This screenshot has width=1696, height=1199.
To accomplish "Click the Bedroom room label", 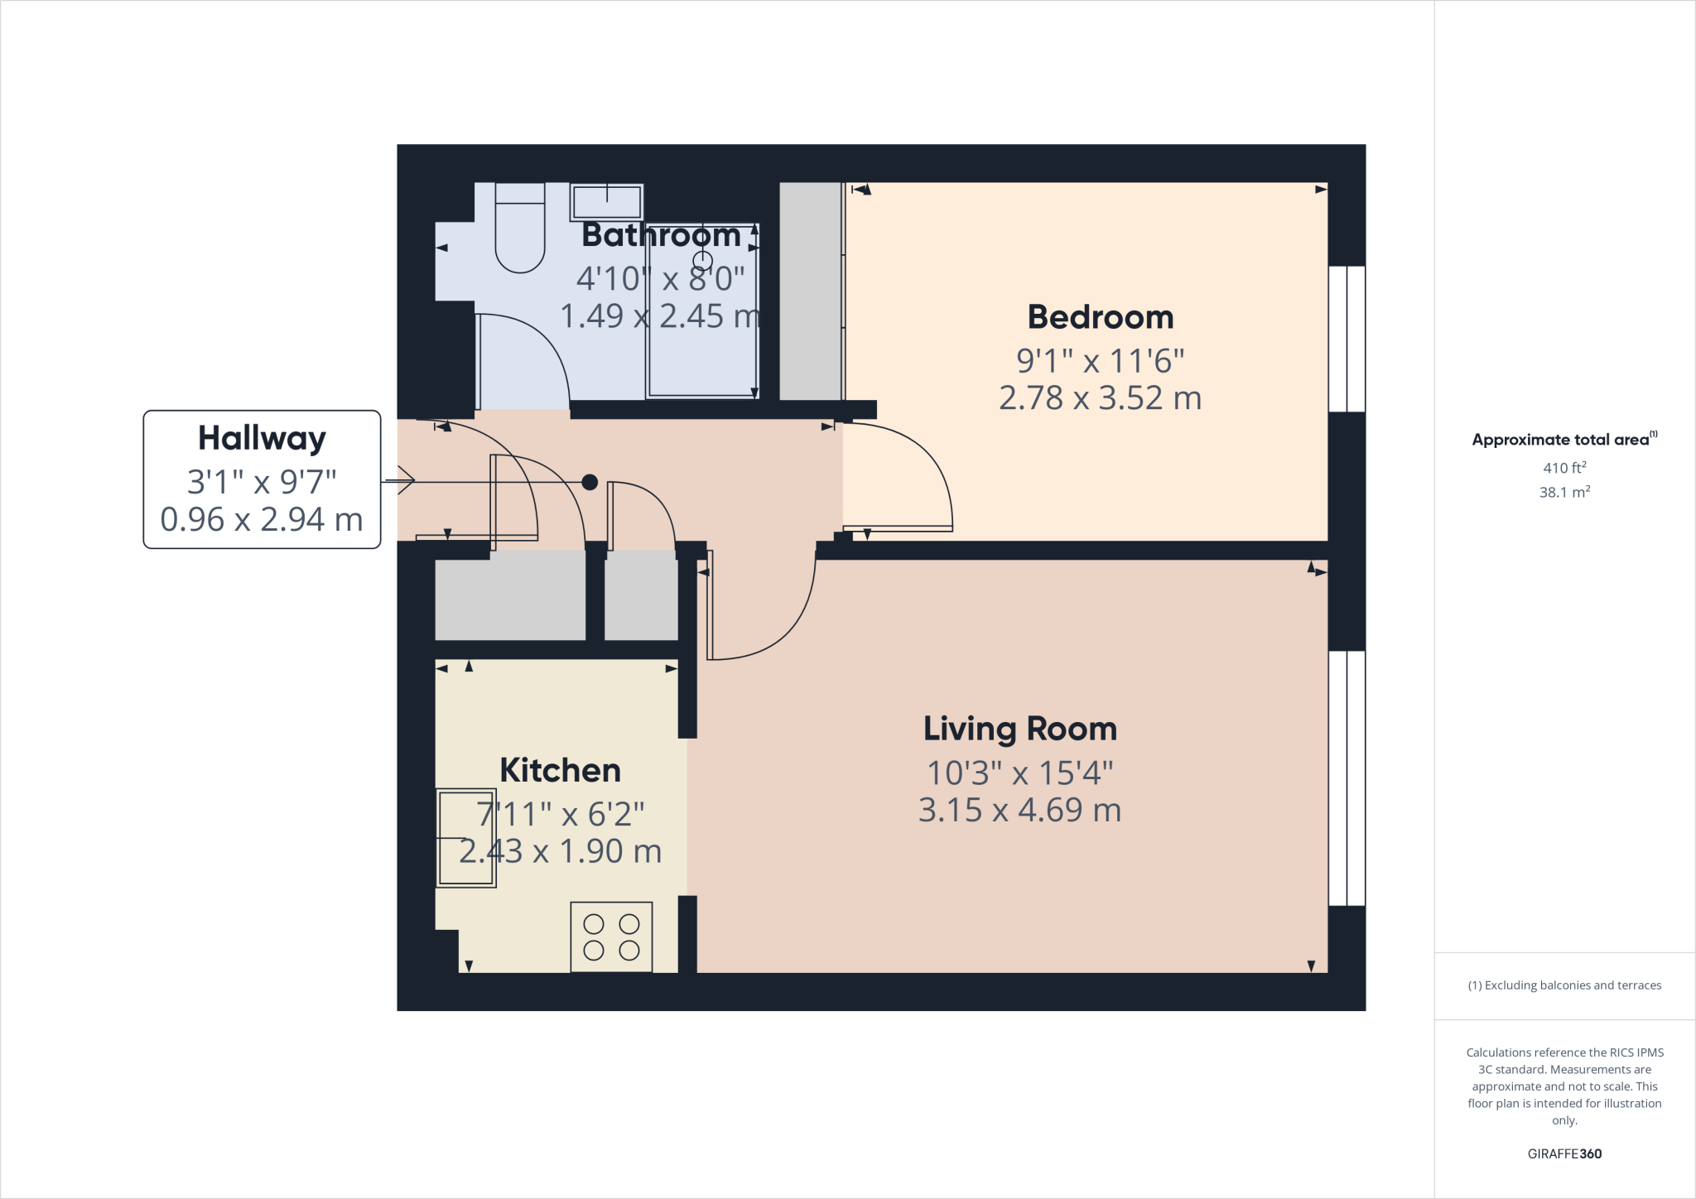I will (x=1100, y=318).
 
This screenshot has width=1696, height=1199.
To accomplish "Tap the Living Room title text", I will (x=1019, y=730).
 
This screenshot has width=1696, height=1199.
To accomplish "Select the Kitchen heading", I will (x=560, y=771).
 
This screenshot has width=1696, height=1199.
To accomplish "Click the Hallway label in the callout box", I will (x=262, y=438).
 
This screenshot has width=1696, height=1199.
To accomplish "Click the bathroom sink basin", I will (x=606, y=202).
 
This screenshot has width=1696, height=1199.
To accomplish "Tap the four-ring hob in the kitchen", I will (x=611, y=937).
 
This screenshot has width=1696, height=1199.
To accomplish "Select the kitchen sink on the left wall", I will (x=466, y=838).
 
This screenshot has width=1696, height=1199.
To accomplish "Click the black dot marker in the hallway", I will (x=590, y=482).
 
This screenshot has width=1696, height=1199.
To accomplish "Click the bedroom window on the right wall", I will (x=1347, y=339).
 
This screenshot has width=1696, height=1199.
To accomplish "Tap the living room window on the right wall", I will (x=1347, y=778).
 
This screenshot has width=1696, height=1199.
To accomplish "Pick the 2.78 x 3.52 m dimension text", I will (x=1100, y=398).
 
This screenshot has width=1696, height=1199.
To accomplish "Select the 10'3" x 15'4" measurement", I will (x=1019, y=773).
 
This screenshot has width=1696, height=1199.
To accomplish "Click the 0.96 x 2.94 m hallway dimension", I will (x=262, y=520).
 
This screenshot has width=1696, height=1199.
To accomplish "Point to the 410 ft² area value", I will (x=1563, y=468).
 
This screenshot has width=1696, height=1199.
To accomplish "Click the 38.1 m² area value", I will (x=1563, y=493).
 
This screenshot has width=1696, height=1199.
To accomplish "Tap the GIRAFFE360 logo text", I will (x=1563, y=1153).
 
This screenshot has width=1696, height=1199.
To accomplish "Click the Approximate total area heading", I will (x=1562, y=440).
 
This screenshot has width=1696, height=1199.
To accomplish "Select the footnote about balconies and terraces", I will (x=1563, y=985).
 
